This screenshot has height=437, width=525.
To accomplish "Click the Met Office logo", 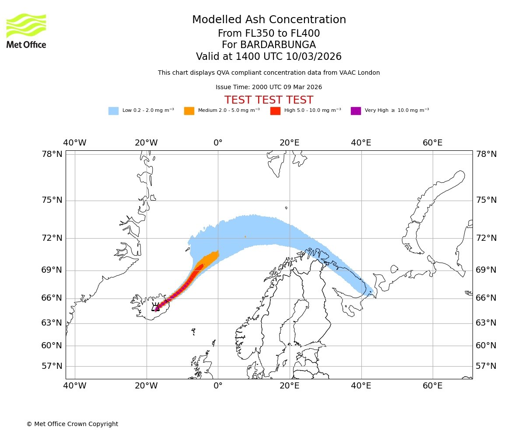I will [26, 31].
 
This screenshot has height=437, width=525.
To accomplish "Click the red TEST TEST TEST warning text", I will [269, 101].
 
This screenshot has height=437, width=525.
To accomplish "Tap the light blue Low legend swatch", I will [113, 111].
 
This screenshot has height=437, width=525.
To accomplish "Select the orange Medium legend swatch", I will [189, 111].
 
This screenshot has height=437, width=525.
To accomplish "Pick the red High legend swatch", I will [275, 111].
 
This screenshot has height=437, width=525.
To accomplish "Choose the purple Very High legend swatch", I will [356, 111].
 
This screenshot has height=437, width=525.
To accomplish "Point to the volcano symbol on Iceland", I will [155, 307].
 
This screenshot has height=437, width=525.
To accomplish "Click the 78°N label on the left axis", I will [52, 154].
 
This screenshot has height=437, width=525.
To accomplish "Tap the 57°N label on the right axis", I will [486, 366].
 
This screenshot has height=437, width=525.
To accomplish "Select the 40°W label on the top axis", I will [75, 143].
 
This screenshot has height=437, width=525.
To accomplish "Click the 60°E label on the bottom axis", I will [432, 386].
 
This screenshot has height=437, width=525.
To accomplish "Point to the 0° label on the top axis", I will [218, 143].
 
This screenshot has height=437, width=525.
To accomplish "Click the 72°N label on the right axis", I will [486, 238].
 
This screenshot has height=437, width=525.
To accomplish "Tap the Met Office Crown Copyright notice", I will [72, 424].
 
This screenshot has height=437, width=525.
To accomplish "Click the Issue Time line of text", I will [269, 87].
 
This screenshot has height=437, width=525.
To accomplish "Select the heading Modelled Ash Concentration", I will [269, 20].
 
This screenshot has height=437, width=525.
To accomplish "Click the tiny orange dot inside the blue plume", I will [245, 237].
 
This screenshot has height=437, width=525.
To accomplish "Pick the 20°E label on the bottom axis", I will [289, 386].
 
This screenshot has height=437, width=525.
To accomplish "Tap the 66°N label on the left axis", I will [52, 298].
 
